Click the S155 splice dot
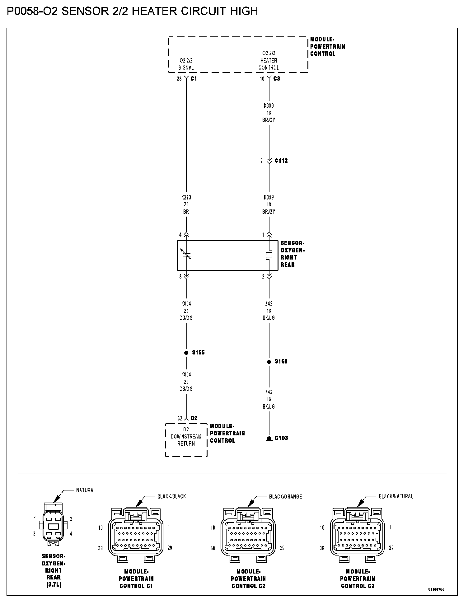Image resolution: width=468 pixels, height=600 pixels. pos(186,353)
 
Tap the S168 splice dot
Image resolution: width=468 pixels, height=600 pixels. pos(269,362)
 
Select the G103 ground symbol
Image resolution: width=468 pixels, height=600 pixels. pos(269,438)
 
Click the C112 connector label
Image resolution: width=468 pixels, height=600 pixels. pos(281,161)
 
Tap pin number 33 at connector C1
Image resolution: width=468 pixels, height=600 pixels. pos(179,79)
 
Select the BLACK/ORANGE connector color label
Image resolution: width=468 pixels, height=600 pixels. pos(285,496)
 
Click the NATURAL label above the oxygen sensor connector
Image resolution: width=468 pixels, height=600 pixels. pos(86,490)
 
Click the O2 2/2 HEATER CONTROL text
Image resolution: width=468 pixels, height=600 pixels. pos(269,60)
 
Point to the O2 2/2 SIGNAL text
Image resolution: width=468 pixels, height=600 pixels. pos(186,64)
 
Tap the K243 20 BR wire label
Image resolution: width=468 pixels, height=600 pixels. pos(186,204)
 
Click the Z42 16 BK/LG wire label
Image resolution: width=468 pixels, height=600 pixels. pos(269,399)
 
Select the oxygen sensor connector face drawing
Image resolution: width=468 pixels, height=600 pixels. pos(53,526)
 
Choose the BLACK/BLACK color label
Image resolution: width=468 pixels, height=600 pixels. pos(172,496)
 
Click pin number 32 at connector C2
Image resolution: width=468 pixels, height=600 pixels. pos(180,419)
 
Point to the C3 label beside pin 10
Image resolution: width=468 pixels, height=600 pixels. pos(277,79)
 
